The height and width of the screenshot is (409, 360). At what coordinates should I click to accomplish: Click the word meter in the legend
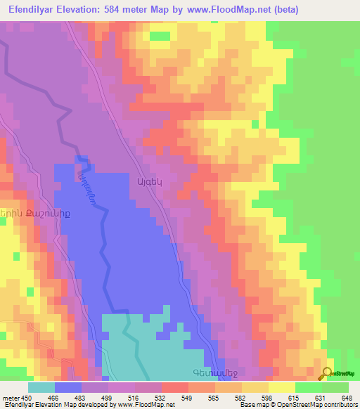[11, 397]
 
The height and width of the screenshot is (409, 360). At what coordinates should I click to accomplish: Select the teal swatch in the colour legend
[41, 387]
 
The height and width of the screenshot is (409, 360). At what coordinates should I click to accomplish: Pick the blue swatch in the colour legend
[68, 387]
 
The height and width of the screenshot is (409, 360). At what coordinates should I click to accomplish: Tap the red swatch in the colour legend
[175, 387]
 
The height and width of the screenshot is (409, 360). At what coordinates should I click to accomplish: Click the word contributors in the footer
[340, 405]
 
